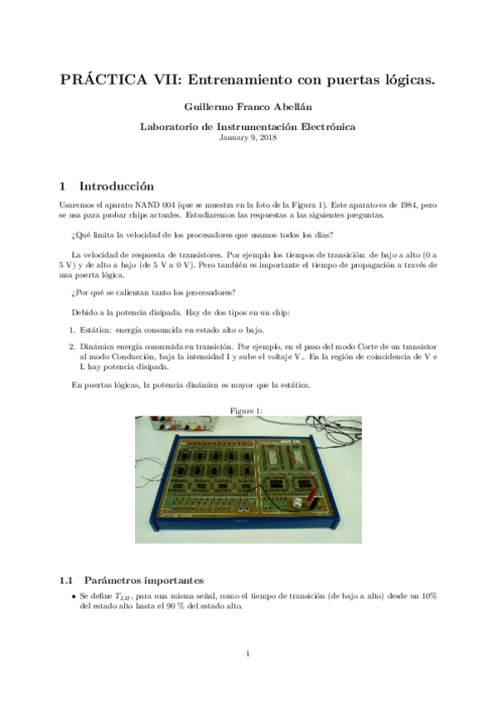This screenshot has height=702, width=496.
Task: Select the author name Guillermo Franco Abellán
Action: (x=248, y=108)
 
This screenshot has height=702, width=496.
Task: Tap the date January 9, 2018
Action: (x=248, y=137)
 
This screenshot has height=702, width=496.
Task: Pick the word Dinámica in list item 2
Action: (x=98, y=346)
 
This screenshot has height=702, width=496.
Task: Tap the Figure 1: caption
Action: (x=248, y=411)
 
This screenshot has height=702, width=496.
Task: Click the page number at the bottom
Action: (x=248, y=655)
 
